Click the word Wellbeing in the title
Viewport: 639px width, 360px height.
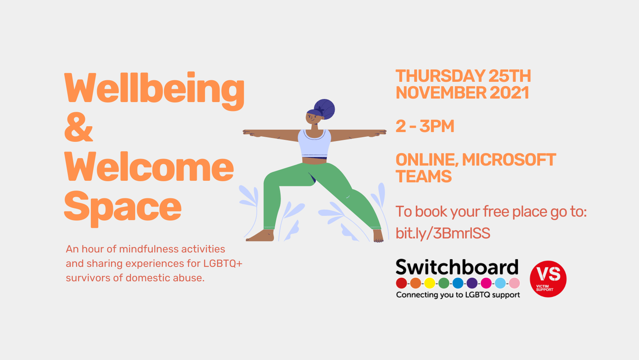[x=154, y=91]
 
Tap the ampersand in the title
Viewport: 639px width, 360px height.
[x=78, y=127]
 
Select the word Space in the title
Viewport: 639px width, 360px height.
[x=123, y=209]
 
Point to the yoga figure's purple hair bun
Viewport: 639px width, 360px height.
[x=325, y=109]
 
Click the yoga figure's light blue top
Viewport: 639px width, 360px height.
[x=314, y=143]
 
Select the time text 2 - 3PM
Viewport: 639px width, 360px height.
[x=425, y=126]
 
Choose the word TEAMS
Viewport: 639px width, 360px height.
[x=424, y=176]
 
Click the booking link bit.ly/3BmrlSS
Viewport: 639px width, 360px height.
[x=443, y=233]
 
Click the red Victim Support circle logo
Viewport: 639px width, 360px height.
[x=548, y=279]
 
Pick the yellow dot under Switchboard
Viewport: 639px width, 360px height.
[x=430, y=283]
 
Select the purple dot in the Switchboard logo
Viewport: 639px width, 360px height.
[x=472, y=283]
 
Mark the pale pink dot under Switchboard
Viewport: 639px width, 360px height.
[x=515, y=283]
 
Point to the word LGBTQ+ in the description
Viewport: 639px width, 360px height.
[x=223, y=263]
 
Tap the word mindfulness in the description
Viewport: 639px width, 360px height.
[x=149, y=249]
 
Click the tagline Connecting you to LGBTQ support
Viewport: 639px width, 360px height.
[x=458, y=295]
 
